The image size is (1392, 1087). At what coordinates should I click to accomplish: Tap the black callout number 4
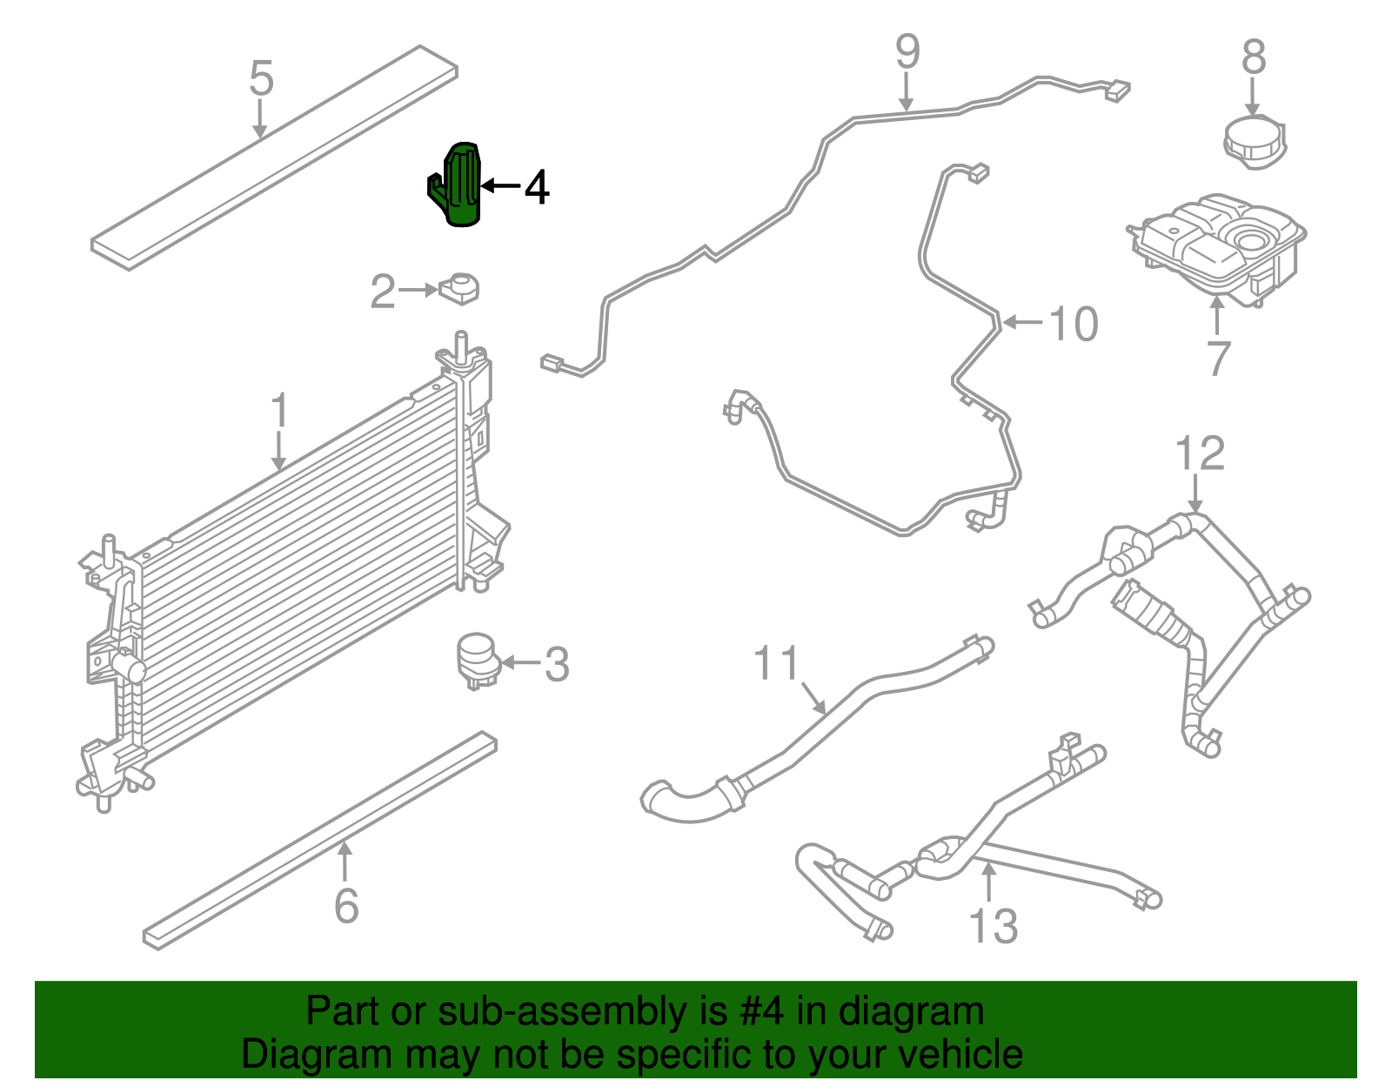(x=537, y=188)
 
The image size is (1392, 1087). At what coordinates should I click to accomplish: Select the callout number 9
(x=907, y=52)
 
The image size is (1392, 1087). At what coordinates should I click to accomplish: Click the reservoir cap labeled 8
(x=1254, y=139)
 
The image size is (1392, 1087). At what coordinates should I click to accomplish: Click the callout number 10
(x=1074, y=325)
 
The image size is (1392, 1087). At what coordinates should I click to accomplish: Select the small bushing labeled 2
(x=461, y=287)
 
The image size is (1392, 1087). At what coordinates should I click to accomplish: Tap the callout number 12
(x=1199, y=453)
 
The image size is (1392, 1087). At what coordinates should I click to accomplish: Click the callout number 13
(x=993, y=926)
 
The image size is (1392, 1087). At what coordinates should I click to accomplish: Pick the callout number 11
(x=776, y=664)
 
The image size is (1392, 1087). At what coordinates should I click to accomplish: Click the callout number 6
(x=346, y=906)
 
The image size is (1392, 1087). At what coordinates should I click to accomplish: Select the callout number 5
(x=261, y=77)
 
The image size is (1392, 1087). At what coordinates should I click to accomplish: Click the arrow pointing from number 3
(x=519, y=663)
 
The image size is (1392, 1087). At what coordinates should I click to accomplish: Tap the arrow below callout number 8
(x=1252, y=96)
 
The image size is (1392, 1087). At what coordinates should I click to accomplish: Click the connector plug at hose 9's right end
(x=1117, y=90)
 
